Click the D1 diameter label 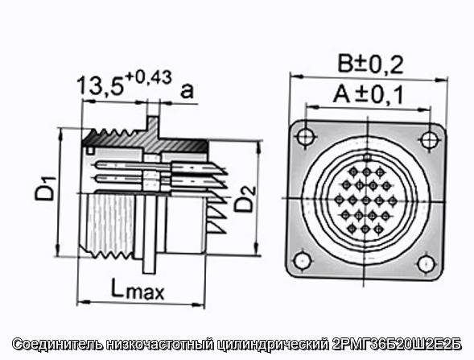click(46, 188)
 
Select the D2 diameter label click(245, 199)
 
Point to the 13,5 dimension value click(101, 86)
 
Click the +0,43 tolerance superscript click(148, 78)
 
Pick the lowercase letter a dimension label click(187, 90)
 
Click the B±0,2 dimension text click(371, 64)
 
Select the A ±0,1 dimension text click(369, 95)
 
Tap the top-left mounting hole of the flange click(305, 137)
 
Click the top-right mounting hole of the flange click(429, 139)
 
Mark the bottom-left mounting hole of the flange click(303, 261)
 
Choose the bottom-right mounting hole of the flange click(426, 263)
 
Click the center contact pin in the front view click(366, 201)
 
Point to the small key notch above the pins click(367, 157)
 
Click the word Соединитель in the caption click(57, 345)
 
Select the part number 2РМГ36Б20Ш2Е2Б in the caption click(397, 345)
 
